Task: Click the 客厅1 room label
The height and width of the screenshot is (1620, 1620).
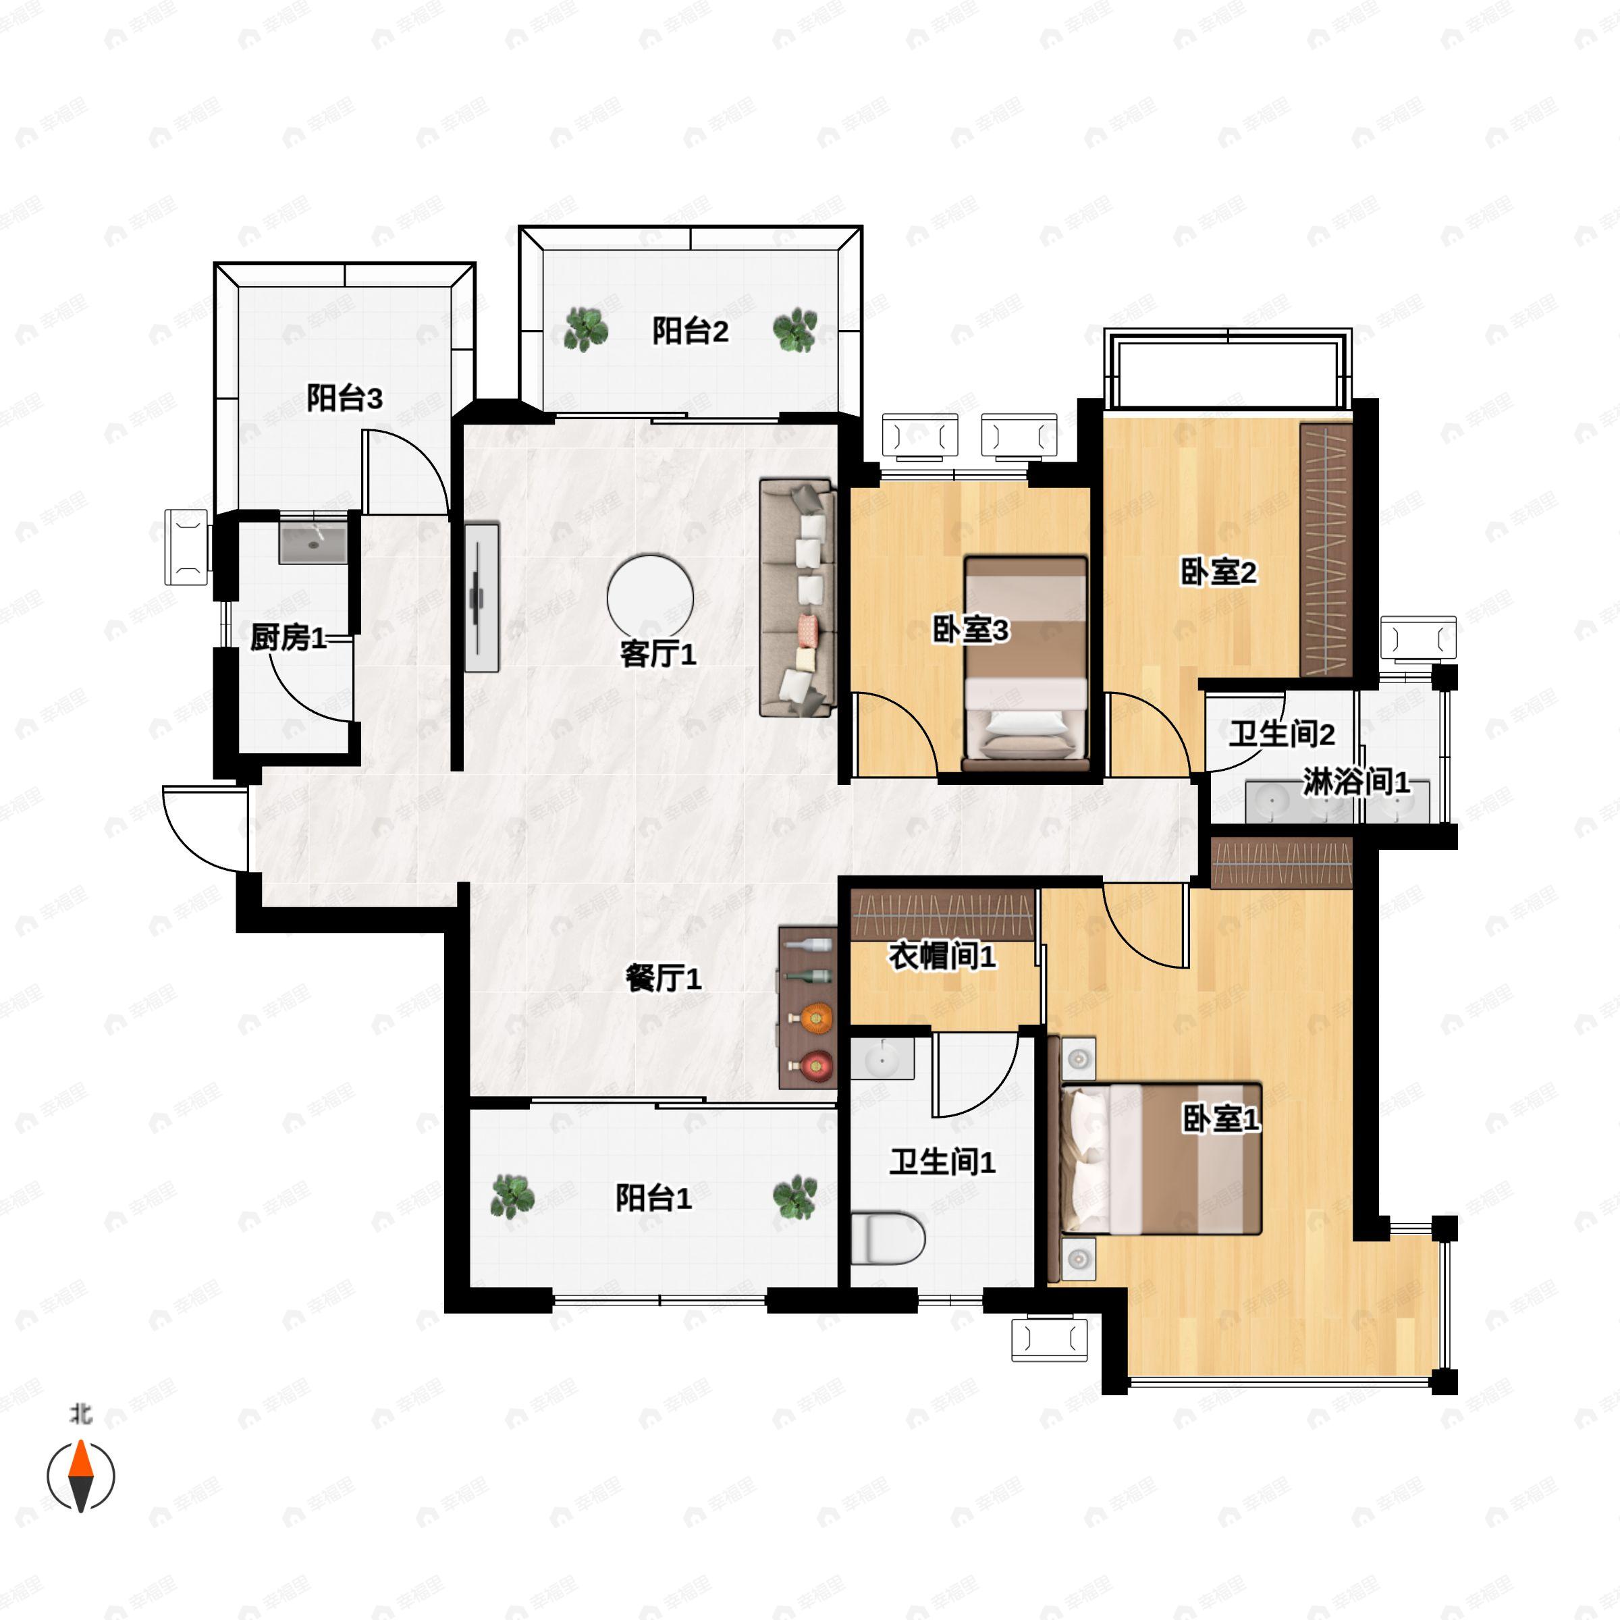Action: (658, 653)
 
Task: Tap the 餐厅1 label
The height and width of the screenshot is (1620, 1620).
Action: (664, 977)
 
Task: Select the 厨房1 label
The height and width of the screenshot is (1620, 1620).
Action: (288, 638)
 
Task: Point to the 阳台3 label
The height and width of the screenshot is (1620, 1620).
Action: (345, 398)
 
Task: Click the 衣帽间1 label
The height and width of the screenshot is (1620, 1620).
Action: (942, 956)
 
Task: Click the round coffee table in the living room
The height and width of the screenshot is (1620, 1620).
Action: (651, 597)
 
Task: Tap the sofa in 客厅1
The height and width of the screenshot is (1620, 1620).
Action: (797, 598)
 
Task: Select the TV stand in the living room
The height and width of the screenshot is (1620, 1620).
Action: (481, 597)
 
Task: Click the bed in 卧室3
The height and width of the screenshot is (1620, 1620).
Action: (1025, 662)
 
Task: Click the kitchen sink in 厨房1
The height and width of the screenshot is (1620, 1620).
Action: (313, 543)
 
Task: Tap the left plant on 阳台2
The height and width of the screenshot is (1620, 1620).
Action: (585, 329)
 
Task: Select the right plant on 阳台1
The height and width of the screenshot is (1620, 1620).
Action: (794, 1197)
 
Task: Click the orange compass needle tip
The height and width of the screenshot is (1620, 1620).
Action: (80, 1442)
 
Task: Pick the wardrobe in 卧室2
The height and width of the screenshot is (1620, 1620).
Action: (1326, 550)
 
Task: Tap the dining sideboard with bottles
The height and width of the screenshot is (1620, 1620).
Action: (807, 1008)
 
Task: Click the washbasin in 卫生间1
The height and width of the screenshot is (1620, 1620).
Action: (882, 1059)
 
